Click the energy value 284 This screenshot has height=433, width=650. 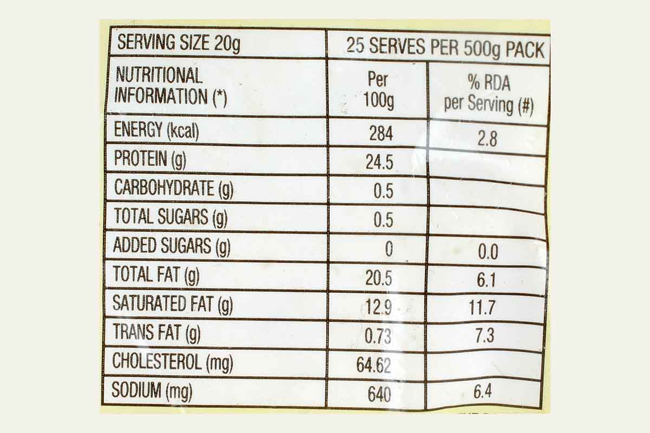381,133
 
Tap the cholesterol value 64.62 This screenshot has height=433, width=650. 374,365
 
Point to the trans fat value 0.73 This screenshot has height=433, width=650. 378,336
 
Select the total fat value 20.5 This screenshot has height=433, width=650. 379,279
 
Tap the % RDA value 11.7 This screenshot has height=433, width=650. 482,308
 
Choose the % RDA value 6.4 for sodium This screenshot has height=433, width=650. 483,391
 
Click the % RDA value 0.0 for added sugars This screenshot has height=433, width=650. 486,252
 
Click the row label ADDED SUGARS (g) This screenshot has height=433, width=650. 171,246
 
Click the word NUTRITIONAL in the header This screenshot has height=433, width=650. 159,75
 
